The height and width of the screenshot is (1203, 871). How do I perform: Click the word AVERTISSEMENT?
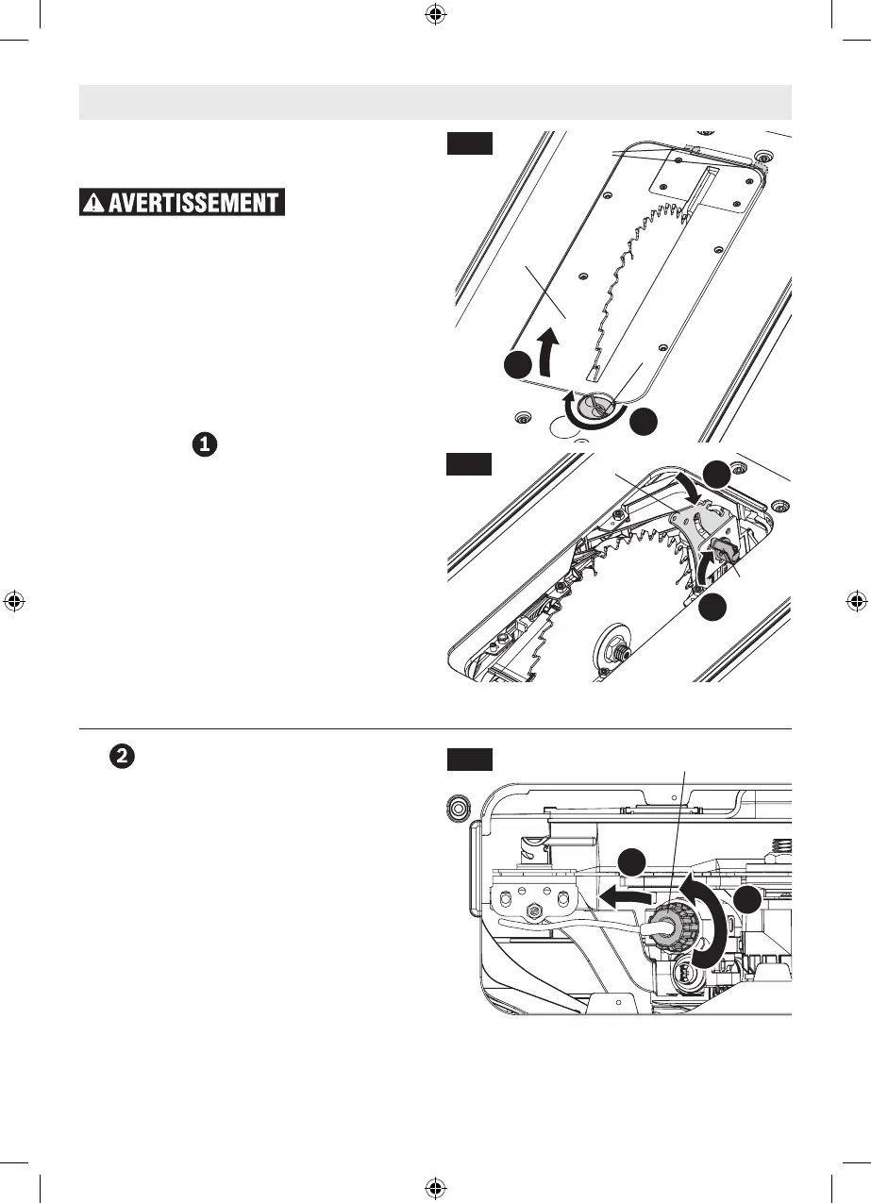196,203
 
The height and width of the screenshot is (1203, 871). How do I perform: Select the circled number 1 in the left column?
206,443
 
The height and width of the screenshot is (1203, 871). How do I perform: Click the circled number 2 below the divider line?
120,755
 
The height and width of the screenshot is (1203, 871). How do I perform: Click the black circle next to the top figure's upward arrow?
518,366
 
